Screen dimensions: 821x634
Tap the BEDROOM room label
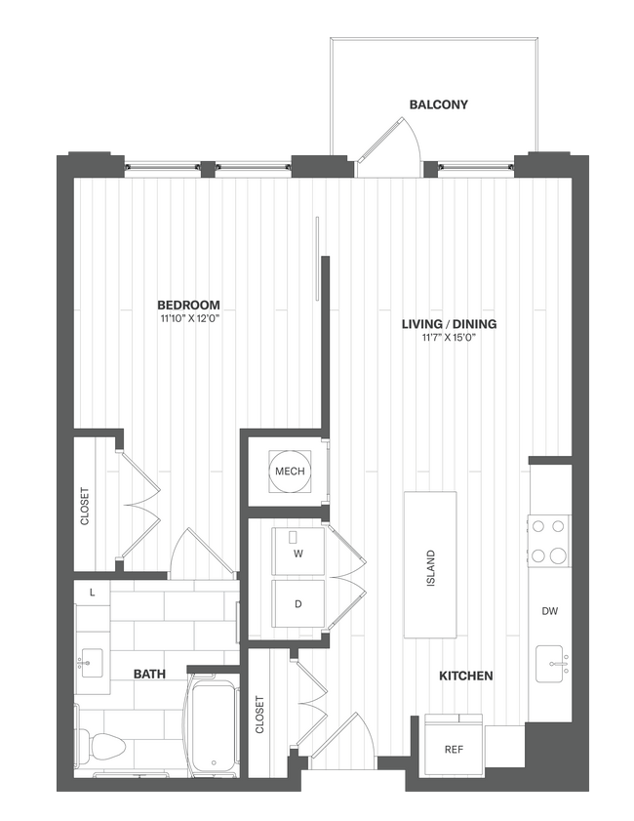click(x=188, y=305)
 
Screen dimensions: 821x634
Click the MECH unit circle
click(x=290, y=472)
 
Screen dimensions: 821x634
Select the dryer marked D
click(x=297, y=604)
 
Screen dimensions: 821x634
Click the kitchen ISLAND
click(x=430, y=565)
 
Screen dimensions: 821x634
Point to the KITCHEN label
click(x=465, y=676)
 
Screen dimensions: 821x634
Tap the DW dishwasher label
click(x=549, y=611)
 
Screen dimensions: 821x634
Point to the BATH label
click(x=149, y=674)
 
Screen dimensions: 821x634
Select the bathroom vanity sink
click(x=94, y=664)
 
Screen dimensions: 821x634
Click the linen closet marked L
click(x=92, y=593)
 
